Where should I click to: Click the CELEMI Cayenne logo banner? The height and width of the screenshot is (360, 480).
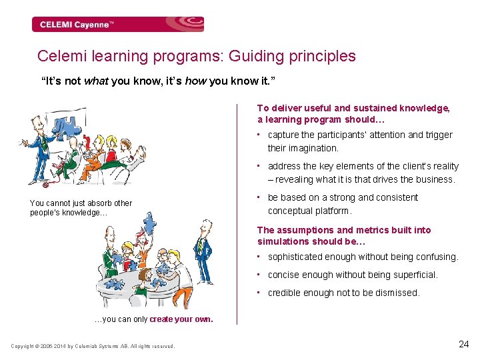(x=117, y=25)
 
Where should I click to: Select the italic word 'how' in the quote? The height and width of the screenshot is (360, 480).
(x=195, y=81)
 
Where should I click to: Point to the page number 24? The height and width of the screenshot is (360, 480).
(x=464, y=344)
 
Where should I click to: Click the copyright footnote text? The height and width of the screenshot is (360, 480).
(x=93, y=346)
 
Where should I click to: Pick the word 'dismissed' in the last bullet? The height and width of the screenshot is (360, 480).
(x=398, y=293)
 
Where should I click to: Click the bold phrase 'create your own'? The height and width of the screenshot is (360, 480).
(x=181, y=319)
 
